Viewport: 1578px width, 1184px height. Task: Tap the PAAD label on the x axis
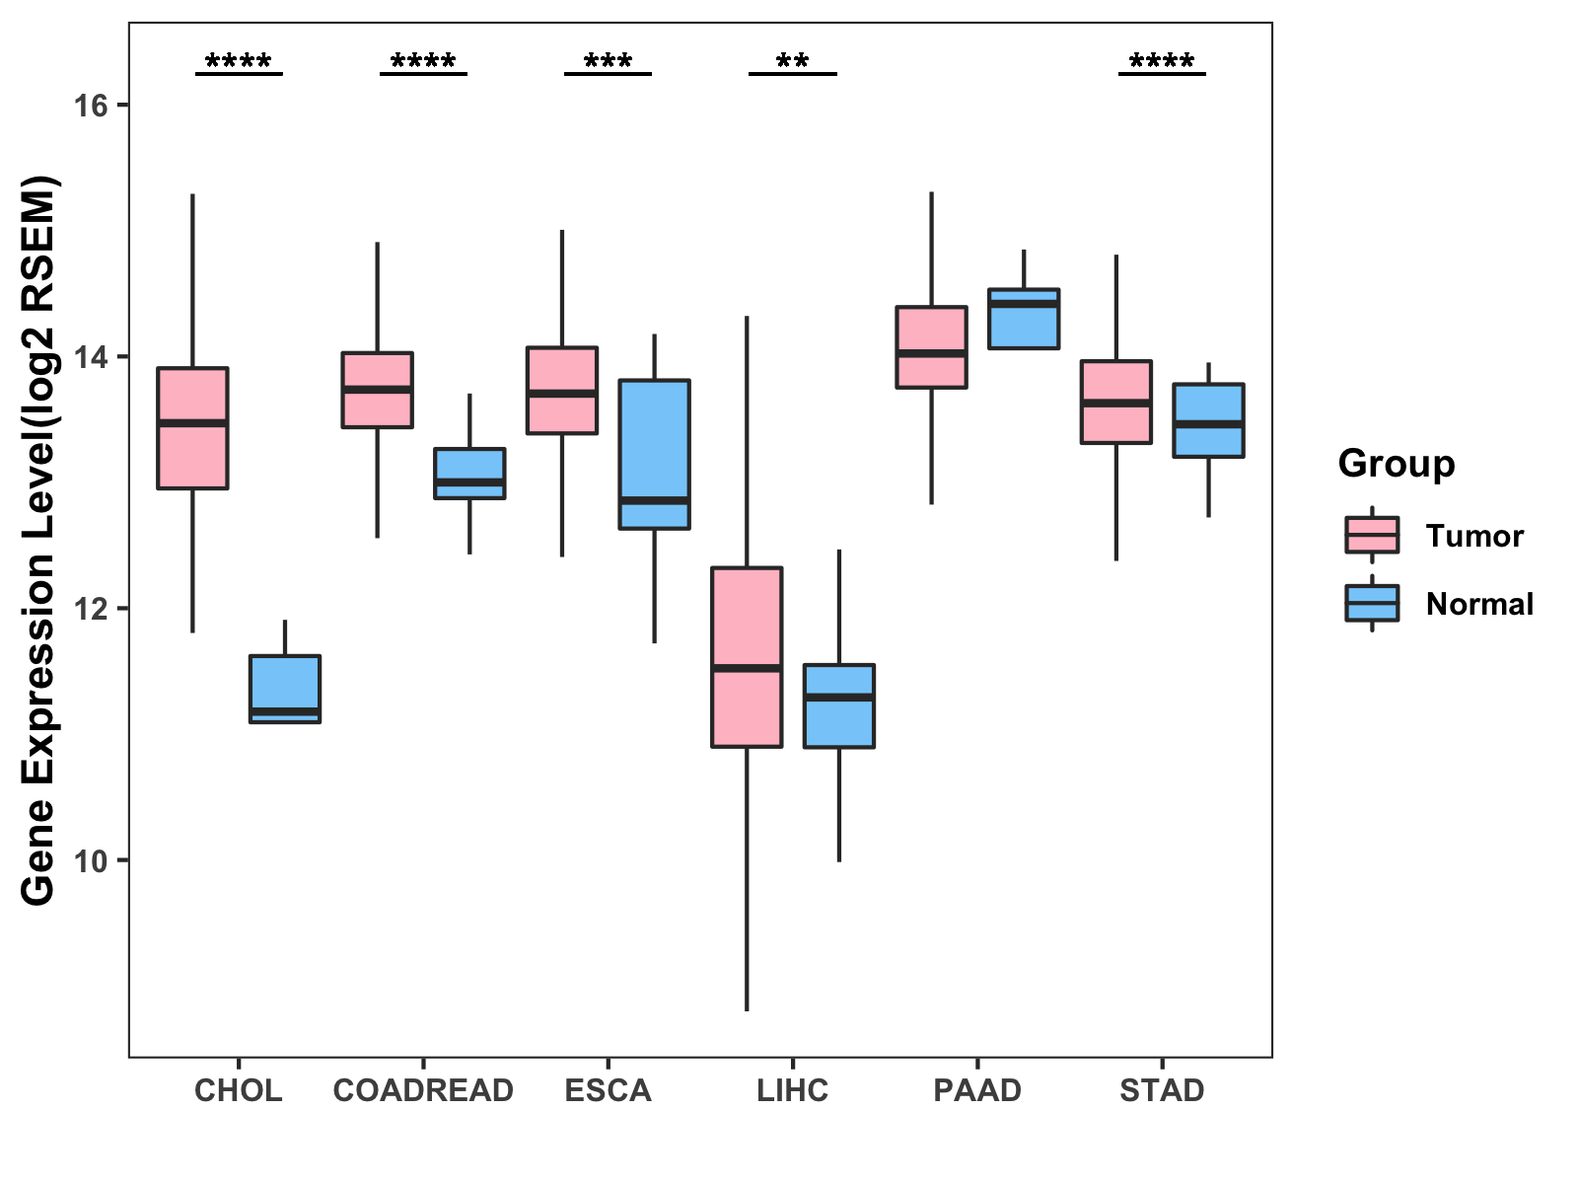pyautogui.click(x=977, y=1090)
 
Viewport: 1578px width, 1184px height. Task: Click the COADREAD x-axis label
pyautogui.click(x=423, y=1090)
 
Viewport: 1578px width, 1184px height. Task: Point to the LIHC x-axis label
pyautogui.click(x=792, y=1090)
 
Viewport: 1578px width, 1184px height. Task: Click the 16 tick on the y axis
pyautogui.click(x=90, y=106)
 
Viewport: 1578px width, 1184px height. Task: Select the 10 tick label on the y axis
pyautogui.click(x=90, y=860)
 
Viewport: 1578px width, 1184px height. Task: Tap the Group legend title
pyautogui.click(x=1396, y=464)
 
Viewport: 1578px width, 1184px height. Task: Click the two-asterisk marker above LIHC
pyautogui.click(x=792, y=63)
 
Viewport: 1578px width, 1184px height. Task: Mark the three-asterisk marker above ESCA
pyautogui.click(x=608, y=63)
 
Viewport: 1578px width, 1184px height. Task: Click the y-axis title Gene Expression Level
pyautogui.click(x=39, y=540)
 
